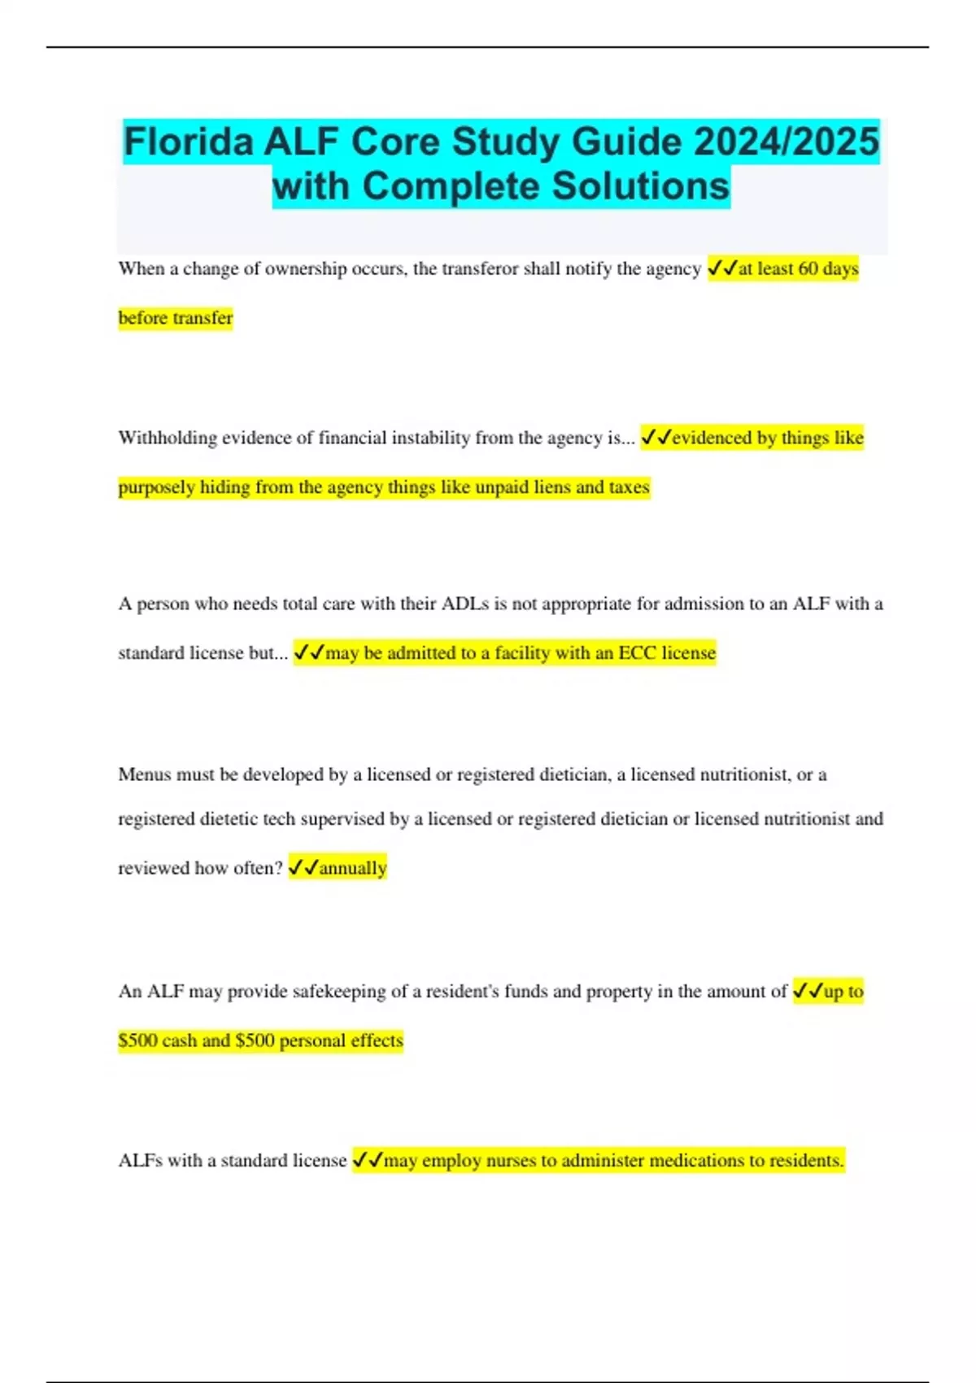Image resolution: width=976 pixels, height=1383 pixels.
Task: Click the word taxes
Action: [629, 487]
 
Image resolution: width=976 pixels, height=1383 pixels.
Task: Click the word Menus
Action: [144, 774]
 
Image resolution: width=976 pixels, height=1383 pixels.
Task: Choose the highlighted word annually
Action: [353, 868]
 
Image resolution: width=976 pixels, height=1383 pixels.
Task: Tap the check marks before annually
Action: [303, 868]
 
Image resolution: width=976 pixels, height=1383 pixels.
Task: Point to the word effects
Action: [377, 1041]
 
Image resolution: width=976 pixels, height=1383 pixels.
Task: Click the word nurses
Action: [511, 1161]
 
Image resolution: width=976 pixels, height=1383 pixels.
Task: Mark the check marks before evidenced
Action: [656, 438]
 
